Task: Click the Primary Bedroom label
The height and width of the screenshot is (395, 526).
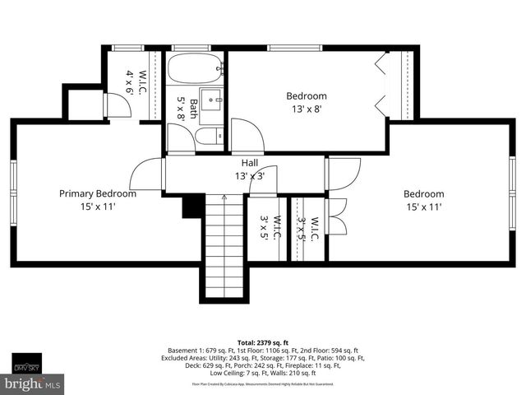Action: (97, 194)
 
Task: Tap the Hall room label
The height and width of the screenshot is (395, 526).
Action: (250, 163)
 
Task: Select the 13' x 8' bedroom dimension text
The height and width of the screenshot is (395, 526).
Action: (306, 109)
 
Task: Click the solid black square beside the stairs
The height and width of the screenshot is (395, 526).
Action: (192, 206)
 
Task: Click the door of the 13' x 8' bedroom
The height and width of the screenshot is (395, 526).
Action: (247, 135)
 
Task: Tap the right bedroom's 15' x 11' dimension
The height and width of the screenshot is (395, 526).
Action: (423, 207)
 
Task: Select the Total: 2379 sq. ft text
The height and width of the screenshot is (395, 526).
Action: (263, 342)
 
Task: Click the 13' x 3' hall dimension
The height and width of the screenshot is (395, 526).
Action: (250, 176)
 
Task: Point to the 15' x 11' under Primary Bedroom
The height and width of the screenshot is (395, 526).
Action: (97, 207)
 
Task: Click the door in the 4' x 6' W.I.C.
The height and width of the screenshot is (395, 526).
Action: (118, 105)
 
